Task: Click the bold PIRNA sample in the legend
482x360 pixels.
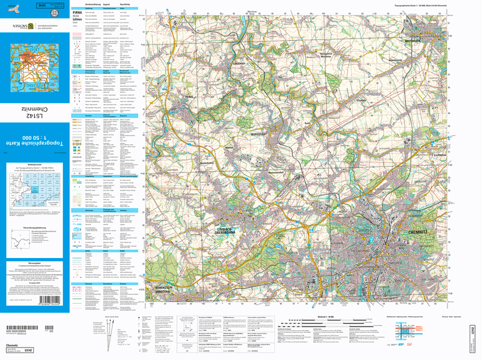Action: [77, 12]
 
